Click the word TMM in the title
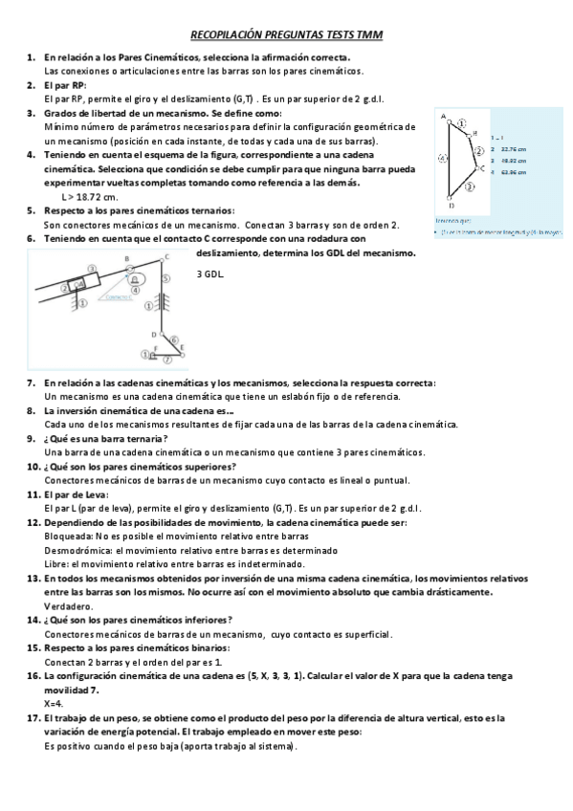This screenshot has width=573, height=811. (x=369, y=35)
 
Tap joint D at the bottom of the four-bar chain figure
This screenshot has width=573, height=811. (x=451, y=202)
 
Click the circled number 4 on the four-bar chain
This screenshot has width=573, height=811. (x=441, y=160)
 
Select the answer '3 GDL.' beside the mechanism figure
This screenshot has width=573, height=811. (x=209, y=274)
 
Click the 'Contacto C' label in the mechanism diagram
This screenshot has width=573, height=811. (x=120, y=297)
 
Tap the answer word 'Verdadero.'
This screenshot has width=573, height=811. (x=69, y=605)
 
